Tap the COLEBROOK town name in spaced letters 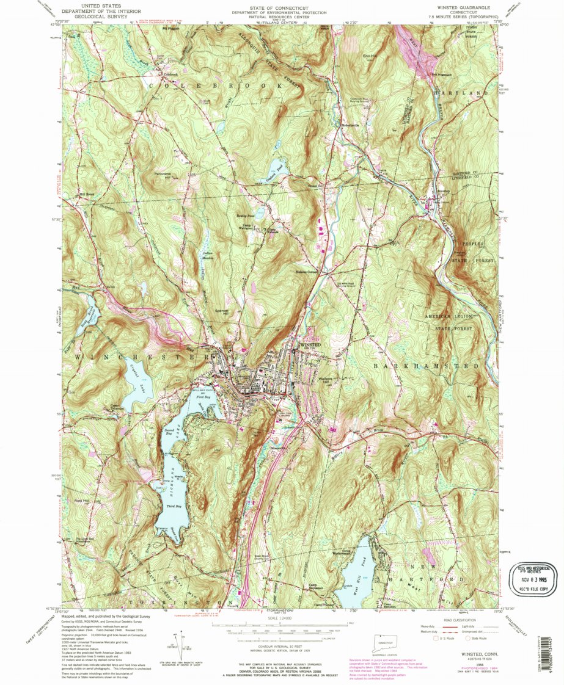217,87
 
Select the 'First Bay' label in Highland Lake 202,397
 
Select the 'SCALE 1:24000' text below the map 281,617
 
